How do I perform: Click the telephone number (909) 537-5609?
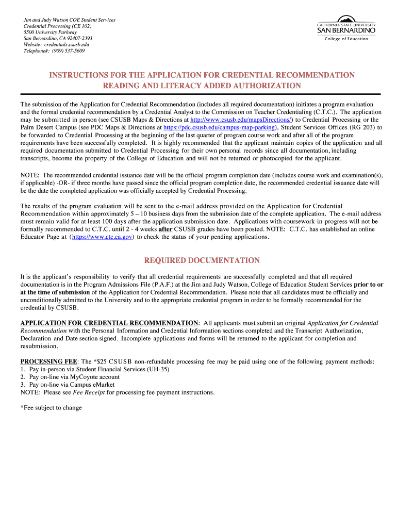(68, 51)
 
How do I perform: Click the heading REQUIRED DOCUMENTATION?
(202, 260)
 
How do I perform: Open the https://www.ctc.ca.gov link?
(103, 237)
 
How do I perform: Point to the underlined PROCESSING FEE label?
(48, 361)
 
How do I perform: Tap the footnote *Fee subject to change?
(51, 408)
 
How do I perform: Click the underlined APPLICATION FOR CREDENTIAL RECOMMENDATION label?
(109, 323)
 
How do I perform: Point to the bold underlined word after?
(165, 229)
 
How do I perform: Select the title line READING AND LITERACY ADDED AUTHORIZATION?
(202, 86)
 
